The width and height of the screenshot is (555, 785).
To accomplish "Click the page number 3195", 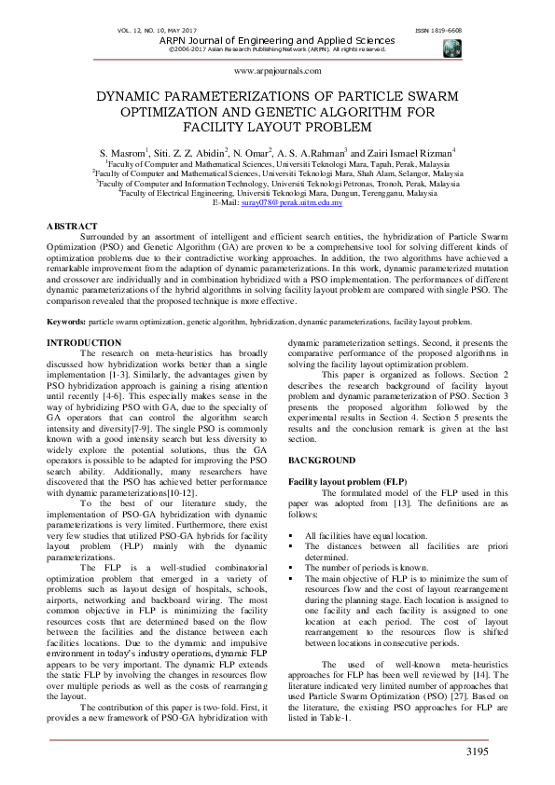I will tap(475, 751).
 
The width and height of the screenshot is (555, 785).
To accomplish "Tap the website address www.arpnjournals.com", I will tap(277, 71).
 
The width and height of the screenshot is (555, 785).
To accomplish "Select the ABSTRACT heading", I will tap(72, 227).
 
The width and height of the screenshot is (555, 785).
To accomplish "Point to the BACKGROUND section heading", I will tap(321, 461).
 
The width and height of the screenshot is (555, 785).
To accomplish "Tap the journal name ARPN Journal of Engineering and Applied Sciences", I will tap(277, 40).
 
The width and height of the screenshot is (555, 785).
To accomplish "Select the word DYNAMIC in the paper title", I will tap(144, 96).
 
